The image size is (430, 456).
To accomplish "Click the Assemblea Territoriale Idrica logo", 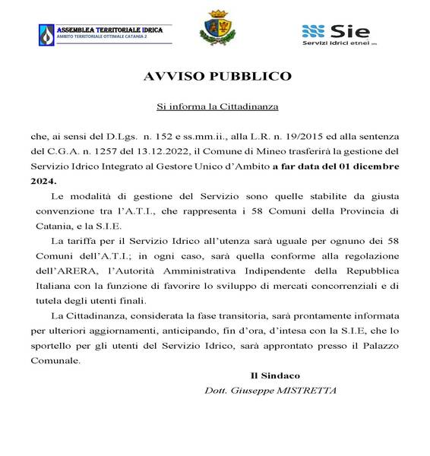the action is [103, 33].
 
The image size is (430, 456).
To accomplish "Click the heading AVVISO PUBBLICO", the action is [214, 78].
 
